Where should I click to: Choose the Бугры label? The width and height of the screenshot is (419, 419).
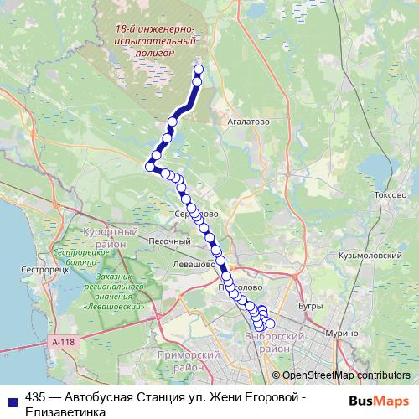click(x=309, y=307)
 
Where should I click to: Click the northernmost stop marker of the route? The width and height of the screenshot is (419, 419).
click(x=199, y=70)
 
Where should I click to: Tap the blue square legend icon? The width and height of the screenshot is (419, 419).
click(x=11, y=399)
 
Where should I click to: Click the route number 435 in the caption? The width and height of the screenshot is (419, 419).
click(x=37, y=399)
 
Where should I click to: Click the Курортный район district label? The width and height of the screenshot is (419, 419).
click(x=111, y=237)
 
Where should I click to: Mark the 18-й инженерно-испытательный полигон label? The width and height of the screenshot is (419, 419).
click(x=156, y=39)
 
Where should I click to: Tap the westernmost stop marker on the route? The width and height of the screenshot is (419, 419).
click(x=151, y=167)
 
